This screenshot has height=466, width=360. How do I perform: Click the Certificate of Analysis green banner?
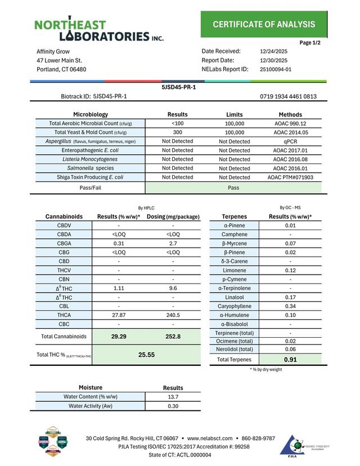(x=263, y=24)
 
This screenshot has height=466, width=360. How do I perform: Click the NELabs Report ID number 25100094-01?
(x=276, y=69)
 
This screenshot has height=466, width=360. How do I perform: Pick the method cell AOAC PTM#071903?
(x=290, y=177)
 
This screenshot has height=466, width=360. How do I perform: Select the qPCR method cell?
(x=290, y=141)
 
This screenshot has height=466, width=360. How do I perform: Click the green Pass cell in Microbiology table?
(x=234, y=188)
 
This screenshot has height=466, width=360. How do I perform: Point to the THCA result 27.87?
(x=119, y=315)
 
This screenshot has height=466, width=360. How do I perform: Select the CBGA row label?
(x=64, y=243)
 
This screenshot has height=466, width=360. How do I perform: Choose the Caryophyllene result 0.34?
(x=290, y=306)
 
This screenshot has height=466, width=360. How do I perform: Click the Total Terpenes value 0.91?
(x=290, y=360)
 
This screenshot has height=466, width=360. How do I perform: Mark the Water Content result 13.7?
(x=173, y=397)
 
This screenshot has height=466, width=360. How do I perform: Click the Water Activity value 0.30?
(x=173, y=406)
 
